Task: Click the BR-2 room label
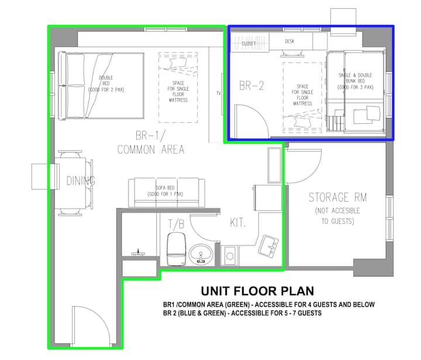pos(251,86)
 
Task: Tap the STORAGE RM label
pos(337,198)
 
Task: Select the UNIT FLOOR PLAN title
pos(257,291)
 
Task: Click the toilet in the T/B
pos(177,249)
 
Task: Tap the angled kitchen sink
pos(268,246)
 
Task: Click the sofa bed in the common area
pos(167,192)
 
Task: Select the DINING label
pos(81,181)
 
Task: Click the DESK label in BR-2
pos(289,41)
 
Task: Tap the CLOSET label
pos(249,43)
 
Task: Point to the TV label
pos(219,93)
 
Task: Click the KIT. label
pos(237,223)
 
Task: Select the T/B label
pos(177,224)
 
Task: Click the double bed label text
pos(106,84)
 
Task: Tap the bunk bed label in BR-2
pos(356,81)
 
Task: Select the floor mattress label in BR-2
pos(302,95)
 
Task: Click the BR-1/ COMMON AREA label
pos(151,143)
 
